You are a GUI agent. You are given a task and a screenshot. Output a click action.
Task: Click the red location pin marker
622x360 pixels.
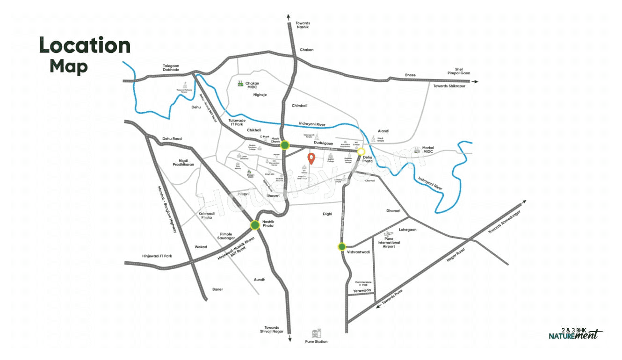tap(311, 158)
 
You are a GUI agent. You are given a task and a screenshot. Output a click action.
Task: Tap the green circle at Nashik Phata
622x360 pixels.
tap(255, 225)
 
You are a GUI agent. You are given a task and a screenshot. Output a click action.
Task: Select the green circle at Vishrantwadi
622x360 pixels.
tap(342, 247)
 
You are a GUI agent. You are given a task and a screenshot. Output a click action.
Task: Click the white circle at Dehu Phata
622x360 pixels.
tap(361, 151)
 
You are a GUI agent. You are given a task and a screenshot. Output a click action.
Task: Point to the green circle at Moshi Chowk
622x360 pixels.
tap(284, 145)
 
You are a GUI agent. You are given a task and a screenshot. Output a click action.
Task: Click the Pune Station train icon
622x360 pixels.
tap(316, 333)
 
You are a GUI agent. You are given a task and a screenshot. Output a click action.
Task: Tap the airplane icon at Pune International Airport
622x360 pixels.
tap(387, 234)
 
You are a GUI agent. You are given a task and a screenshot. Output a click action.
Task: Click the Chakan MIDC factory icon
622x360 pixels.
tap(240, 84)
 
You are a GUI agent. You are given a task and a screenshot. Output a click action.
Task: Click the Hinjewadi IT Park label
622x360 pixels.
tap(157, 256)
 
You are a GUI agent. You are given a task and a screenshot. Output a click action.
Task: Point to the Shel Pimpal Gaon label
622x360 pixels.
tap(459, 71)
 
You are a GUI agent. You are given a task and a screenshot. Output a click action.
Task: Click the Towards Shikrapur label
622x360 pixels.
tap(451, 86)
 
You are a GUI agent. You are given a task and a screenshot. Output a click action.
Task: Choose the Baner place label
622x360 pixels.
tap(217, 289)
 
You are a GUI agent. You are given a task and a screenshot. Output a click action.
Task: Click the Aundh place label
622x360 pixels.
tap(259, 280)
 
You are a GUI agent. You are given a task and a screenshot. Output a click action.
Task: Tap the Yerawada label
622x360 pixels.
tap(362, 290)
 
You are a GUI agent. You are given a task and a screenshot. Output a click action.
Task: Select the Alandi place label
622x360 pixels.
tap(383, 131)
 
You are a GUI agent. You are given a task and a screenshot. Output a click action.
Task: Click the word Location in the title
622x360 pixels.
tap(85, 46)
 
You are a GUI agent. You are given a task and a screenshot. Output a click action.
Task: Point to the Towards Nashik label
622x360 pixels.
tap(303, 25)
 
